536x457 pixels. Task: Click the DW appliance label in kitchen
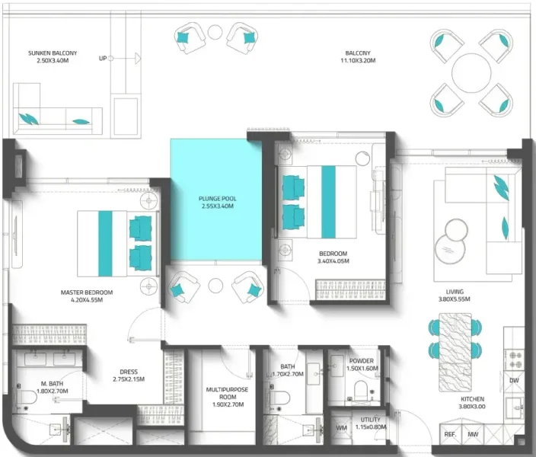point(514,381)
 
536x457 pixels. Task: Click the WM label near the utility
point(342,428)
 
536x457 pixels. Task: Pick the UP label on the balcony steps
point(102,58)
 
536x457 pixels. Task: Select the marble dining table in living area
point(455,338)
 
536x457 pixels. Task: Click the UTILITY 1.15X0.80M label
point(370,423)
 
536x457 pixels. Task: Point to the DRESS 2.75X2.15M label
point(129,376)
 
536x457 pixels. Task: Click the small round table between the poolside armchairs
point(215,284)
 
